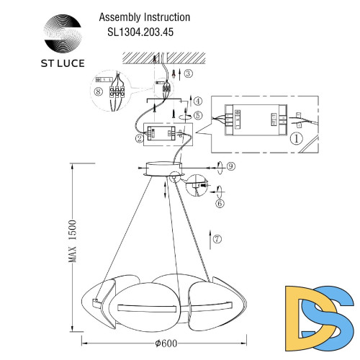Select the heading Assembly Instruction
tap(144, 17)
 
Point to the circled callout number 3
tap(188, 73)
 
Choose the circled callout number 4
tap(198, 100)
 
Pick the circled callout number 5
tap(198, 115)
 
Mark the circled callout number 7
tap(218, 238)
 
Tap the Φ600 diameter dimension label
tap(189, 346)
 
